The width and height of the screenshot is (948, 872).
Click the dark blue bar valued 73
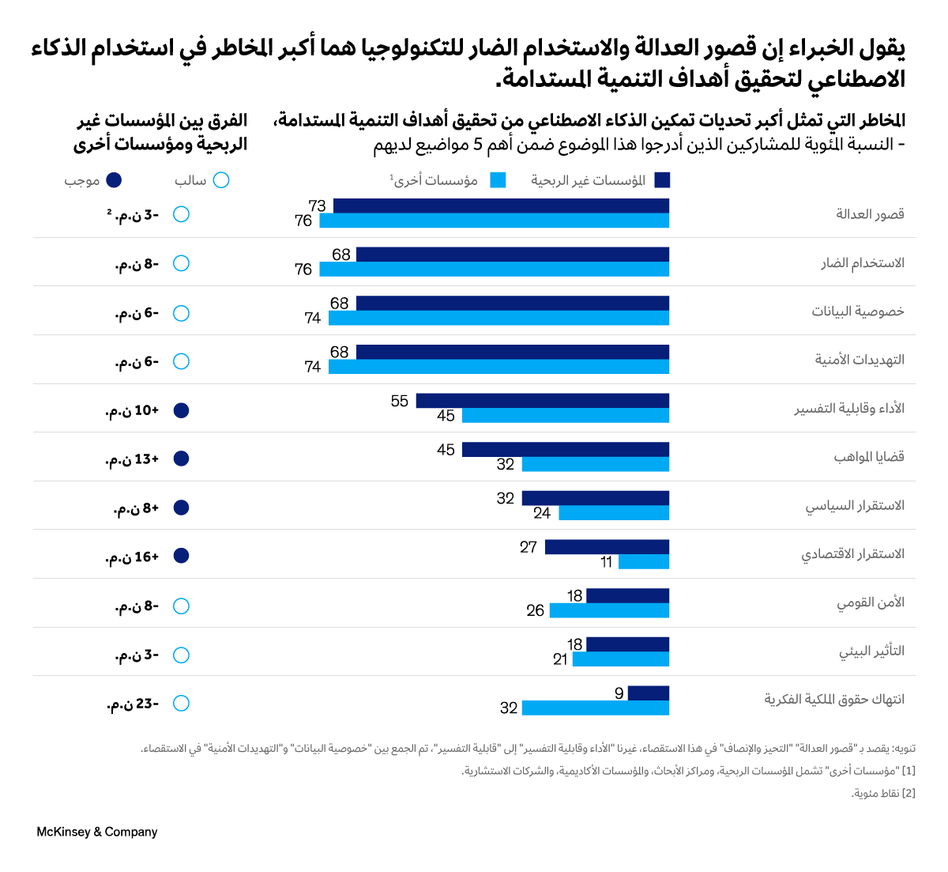coord(501,206)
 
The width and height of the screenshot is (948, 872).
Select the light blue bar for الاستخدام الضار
coord(494,270)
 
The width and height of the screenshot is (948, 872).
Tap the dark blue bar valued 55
coord(542,401)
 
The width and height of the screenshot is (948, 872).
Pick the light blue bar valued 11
coord(644,562)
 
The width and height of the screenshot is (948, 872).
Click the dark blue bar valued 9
coord(649,693)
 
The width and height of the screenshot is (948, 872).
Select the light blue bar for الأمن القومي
coord(609,610)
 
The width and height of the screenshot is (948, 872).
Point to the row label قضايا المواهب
coord(869,457)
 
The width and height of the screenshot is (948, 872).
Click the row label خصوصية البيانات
coord(858,311)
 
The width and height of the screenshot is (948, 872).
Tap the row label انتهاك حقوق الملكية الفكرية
coord(834,700)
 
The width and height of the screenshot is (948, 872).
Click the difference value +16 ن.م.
coord(133,557)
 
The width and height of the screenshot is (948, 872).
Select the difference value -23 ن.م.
coord(133,704)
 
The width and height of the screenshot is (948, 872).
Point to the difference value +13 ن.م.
coord(133,459)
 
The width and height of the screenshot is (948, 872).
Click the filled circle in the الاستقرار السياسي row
coord(181,508)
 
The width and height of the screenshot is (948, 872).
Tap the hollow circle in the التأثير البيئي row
coord(181,655)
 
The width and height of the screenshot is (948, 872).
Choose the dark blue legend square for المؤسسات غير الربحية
coord(662,180)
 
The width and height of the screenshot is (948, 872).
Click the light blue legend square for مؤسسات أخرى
coord(498,180)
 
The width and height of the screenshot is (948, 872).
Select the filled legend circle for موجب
coord(114,180)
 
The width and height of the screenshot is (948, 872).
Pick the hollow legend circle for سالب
coord(221,180)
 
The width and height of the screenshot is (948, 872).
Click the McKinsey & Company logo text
coord(97,832)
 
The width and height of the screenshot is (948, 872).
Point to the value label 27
coord(529,547)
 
